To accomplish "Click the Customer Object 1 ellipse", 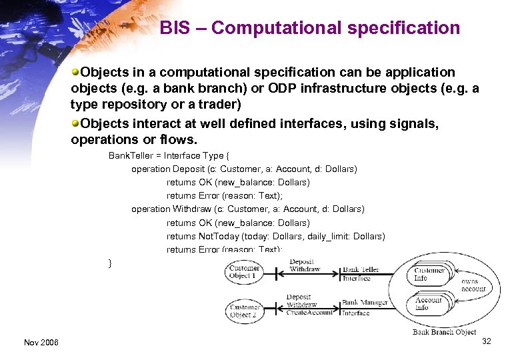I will coord(244,272).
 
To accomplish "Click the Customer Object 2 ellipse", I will coord(245,311).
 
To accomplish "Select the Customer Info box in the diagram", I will coord(429,274).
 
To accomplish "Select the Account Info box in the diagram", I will coord(428,304).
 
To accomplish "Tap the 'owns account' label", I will coord(474,285).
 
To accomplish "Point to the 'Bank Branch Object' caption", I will coord(444,332).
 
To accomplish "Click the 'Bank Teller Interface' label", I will coord(361,274).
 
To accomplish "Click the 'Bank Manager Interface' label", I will coord(365,307).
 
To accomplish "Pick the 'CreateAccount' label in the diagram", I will coord(309,313).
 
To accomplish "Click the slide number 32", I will coord(486,341).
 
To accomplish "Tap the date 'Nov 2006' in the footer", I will coord(41,342).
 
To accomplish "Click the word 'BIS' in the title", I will coord(175,28).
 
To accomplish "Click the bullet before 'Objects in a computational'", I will coord(76,72).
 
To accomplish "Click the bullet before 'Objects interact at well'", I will coord(76,124).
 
